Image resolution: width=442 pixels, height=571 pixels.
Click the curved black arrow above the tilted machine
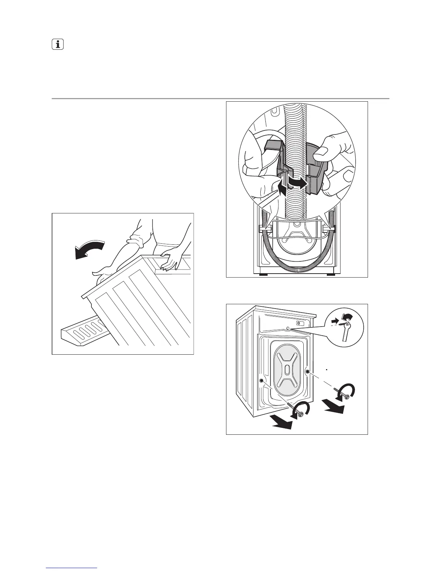[x=90, y=248]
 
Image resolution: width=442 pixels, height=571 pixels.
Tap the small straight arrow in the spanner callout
[x=336, y=320]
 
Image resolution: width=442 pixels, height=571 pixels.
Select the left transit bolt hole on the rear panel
[x=261, y=381]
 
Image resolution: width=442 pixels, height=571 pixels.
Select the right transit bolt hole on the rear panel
[x=307, y=371]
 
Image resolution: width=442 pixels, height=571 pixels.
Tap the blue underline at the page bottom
[x=72, y=568]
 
